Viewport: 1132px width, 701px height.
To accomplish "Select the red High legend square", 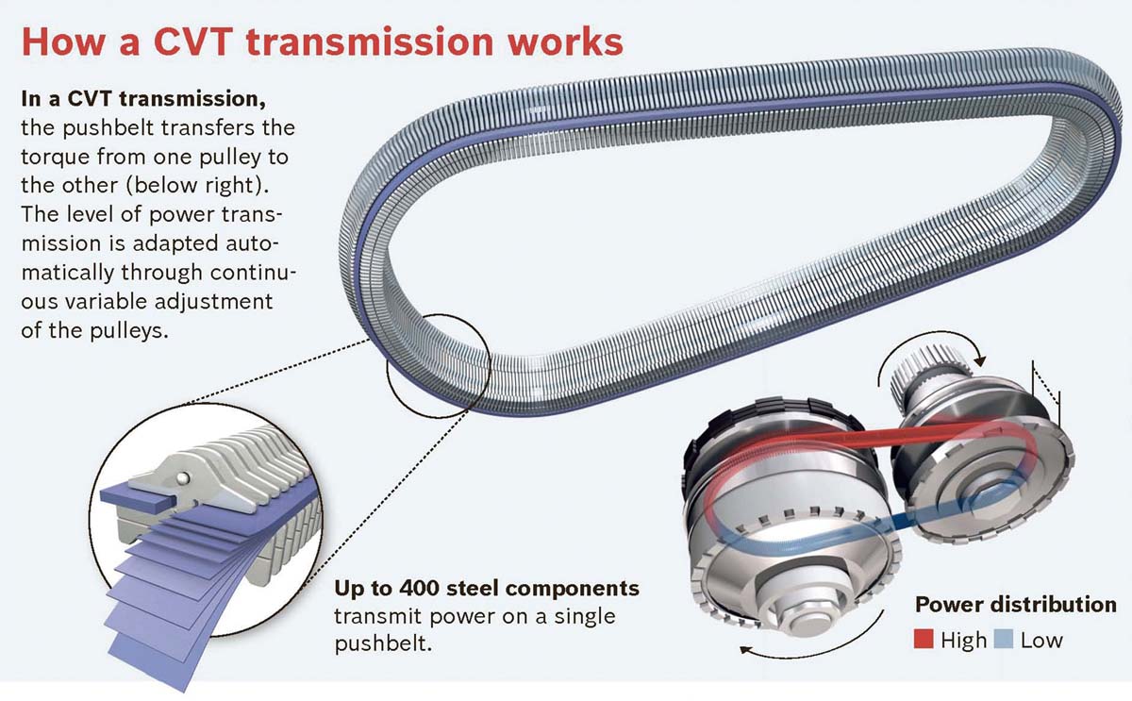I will click(924, 640).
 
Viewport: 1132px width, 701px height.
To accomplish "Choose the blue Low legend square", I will click(1004, 640).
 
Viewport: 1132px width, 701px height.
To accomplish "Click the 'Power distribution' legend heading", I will click(1016, 604).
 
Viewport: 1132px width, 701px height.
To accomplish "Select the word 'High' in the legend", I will click(962, 640).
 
